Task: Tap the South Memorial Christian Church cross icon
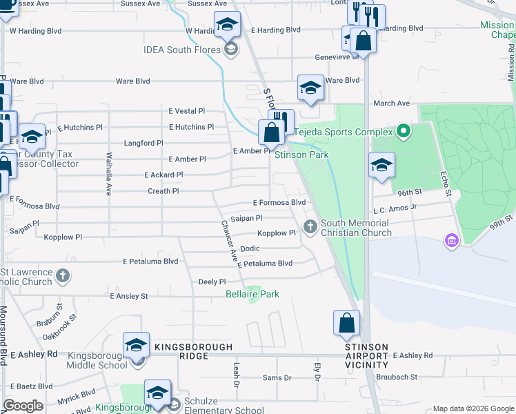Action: pos(310,226)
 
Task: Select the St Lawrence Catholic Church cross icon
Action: pos(63,276)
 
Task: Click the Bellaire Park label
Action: pos(252,294)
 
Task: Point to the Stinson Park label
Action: pos(301,155)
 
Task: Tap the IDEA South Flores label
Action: pos(181,50)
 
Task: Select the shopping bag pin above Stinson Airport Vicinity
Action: pos(346,322)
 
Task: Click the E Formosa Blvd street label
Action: pos(279,203)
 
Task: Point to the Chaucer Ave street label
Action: pos(230,241)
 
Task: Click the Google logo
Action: pos(22,406)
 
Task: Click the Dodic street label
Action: pos(250,248)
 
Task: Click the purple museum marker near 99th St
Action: pos(451,240)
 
